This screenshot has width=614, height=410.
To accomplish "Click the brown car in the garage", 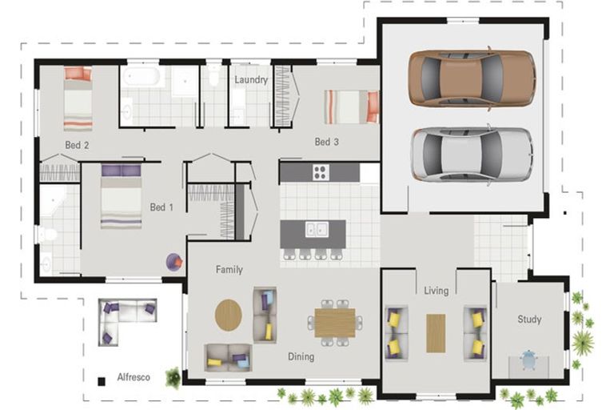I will point(472,78).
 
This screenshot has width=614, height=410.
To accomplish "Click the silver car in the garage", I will point(472,155).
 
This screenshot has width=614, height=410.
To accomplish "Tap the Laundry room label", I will point(251,80).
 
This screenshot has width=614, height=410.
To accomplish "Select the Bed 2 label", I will point(77,145).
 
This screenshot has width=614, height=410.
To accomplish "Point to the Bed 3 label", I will point(327,143).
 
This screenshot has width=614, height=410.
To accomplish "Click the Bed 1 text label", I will point(161,207).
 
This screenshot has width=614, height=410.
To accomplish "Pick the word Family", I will point(229,270).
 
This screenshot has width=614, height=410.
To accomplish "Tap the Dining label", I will point(301,356).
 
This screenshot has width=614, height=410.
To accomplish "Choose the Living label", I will point(436,291).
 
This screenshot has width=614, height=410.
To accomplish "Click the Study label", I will point(529,320).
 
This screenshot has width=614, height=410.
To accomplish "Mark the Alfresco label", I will point(134,376).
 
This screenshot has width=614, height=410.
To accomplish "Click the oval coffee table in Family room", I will point(228,314).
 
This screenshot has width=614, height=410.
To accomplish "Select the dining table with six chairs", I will point(333,322).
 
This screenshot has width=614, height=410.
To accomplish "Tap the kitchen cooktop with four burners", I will point(321,171).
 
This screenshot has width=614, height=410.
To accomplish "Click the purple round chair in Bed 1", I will point(174,261).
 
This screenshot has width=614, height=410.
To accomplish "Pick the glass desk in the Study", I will point(529,360).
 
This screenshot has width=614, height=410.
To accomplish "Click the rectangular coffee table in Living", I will point(436,332).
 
